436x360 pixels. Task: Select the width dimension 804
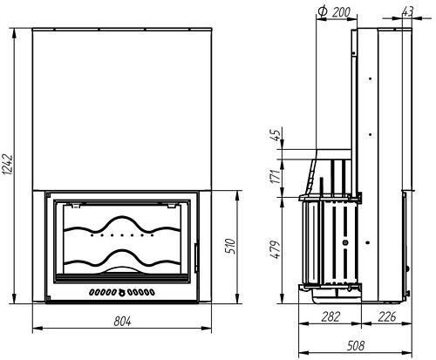point(122,322)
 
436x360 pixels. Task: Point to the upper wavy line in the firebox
point(120,222)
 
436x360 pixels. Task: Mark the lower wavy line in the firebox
point(120,259)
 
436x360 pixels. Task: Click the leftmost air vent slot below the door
point(92,291)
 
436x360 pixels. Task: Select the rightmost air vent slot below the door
point(152,291)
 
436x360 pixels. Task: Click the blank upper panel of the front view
point(122,105)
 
